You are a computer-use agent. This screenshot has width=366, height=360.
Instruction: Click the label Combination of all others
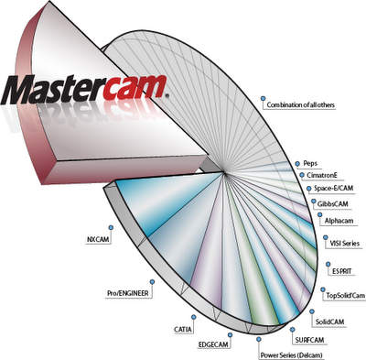pyautogui.click(x=301, y=105)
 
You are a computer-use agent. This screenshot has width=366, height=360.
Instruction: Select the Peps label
pyautogui.click(x=310, y=163)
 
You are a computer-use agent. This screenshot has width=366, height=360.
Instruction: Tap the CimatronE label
pyautogui.click(x=322, y=176)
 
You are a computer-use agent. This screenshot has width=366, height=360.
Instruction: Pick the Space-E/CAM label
pyautogui.click(x=334, y=188)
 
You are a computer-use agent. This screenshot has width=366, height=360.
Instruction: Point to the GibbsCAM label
pyautogui.click(x=332, y=203)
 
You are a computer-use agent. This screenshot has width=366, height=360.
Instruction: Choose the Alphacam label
pyautogui.click(x=339, y=221)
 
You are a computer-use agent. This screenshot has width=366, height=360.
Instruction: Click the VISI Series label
pyautogui.click(x=345, y=244)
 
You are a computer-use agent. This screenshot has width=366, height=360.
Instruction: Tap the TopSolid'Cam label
pyautogui.click(x=346, y=296)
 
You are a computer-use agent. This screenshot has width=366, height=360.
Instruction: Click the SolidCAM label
pyautogui.click(x=329, y=322)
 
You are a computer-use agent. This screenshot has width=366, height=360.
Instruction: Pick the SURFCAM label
pyautogui.click(x=309, y=340)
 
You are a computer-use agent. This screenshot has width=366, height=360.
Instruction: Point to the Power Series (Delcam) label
pyautogui.click(x=291, y=355)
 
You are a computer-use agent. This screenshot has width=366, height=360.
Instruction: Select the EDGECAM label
pyautogui.click(x=213, y=344)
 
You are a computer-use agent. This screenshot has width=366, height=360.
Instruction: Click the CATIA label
pyautogui.click(x=183, y=330)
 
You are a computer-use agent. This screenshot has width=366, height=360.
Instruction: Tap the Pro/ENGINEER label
pyautogui.click(x=128, y=293)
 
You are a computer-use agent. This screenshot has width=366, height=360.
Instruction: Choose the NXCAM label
pyautogui.click(x=98, y=240)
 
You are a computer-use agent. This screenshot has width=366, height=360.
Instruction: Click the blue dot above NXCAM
pyautogui.click(x=111, y=227)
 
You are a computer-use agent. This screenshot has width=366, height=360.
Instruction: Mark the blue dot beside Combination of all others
pyautogui.click(x=263, y=98)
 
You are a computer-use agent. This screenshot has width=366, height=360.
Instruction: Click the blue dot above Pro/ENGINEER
pyautogui.click(x=152, y=281)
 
